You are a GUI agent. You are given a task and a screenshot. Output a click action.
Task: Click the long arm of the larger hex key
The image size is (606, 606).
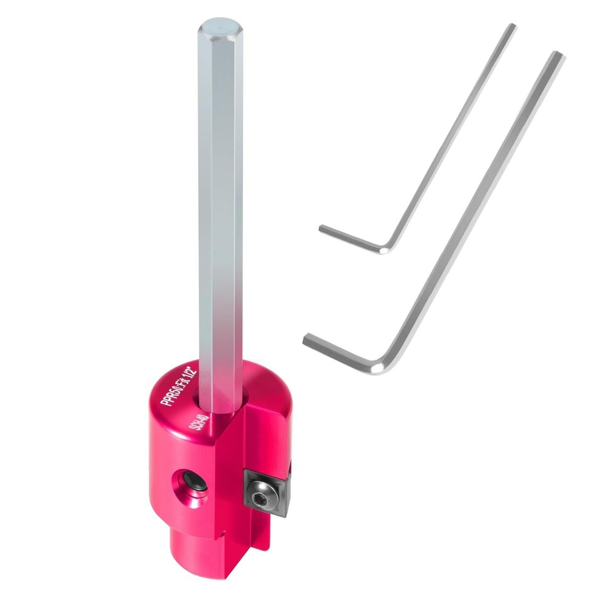(x=473, y=206)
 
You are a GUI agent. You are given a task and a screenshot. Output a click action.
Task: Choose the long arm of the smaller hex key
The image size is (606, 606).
(x=451, y=133)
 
